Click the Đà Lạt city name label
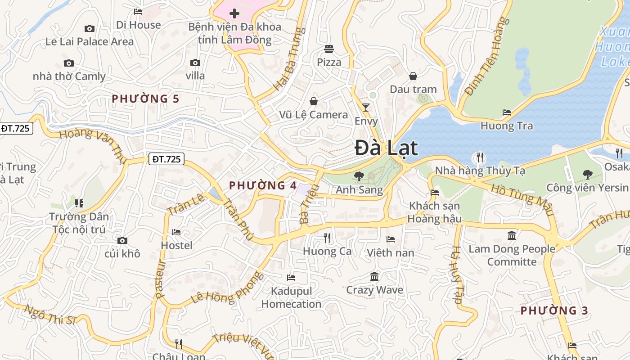(x=387, y=148)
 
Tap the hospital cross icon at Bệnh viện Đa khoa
(x=234, y=13)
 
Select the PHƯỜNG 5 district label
(x=145, y=99)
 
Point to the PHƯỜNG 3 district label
(x=554, y=310)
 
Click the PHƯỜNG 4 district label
(x=263, y=185)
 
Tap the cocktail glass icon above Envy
(x=366, y=107)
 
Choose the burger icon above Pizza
(x=329, y=49)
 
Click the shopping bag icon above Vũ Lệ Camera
(x=313, y=101)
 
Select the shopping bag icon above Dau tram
(x=413, y=76)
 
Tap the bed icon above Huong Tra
(x=507, y=112)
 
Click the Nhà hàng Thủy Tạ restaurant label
(x=480, y=171)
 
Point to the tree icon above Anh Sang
(x=359, y=176)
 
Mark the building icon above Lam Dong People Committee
(x=512, y=235)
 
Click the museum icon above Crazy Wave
(x=374, y=276)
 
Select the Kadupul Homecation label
(x=291, y=297)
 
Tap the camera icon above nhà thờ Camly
(x=69, y=63)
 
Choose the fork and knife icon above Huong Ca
(x=327, y=238)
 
